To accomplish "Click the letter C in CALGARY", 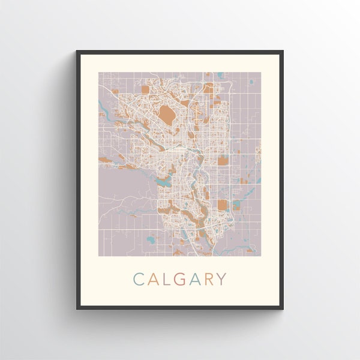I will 138,279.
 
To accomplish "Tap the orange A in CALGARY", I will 154,279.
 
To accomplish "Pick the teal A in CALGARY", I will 198,279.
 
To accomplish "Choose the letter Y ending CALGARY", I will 223,279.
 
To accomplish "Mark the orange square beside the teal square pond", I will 223,206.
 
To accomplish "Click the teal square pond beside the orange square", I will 236,205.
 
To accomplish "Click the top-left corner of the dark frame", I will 77,52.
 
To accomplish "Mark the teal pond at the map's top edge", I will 220,75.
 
